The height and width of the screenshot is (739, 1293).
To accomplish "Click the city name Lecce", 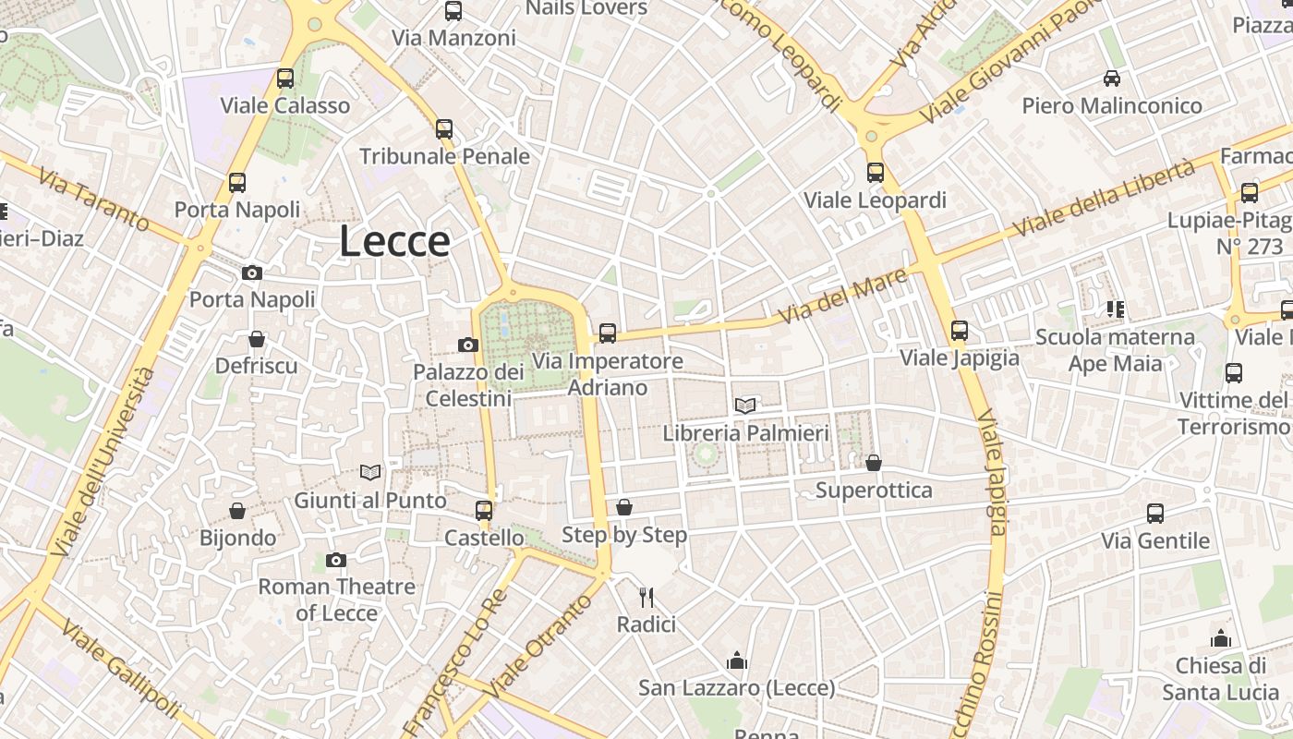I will [394, 242].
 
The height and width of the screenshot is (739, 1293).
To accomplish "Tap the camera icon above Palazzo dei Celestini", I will [468, 345].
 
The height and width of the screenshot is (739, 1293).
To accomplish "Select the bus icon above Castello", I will [483, 510].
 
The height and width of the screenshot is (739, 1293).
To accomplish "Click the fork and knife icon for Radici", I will [646, 598].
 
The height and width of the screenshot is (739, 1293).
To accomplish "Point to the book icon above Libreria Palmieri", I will [745, 405].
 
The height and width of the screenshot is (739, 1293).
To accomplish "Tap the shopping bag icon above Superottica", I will [874, 462].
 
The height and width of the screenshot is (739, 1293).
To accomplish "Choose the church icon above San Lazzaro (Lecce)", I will [737, 660].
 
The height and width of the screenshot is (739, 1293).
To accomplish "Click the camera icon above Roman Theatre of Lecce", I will [336, 560].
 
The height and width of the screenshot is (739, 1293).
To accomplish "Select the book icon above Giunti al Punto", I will [370, 472].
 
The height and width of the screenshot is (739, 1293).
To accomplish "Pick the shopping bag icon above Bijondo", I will [237, 511].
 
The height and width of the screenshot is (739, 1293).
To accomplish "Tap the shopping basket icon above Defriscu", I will [257, 339].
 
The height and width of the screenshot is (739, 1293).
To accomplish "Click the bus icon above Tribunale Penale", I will [444, 128].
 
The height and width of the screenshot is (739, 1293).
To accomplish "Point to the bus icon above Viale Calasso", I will [285, 79].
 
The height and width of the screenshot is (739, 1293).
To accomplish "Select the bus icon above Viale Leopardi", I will [875, 173].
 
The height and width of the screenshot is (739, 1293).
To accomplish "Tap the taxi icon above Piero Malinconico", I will [1112, 79].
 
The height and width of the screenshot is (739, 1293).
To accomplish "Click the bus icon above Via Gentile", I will [1154, 514].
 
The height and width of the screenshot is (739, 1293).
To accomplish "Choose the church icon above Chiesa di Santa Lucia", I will [1221, 638].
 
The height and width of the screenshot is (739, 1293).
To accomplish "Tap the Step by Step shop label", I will [624, 535].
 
